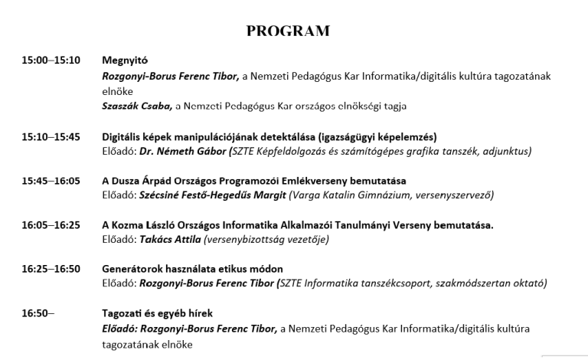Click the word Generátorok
point(132,269)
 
